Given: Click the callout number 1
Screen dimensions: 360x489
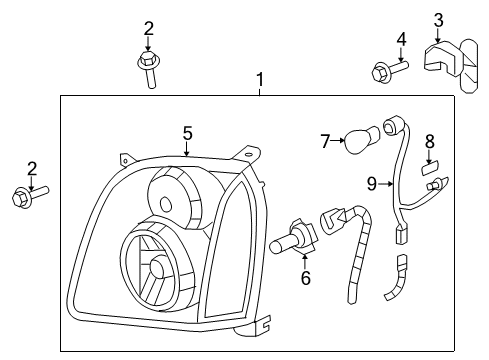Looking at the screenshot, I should click(260, 78).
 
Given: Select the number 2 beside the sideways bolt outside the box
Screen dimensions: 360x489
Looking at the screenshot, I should click(31, 168).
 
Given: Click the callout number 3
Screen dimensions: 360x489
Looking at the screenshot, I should click(438, 19).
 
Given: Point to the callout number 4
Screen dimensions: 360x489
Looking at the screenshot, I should click(401, 41).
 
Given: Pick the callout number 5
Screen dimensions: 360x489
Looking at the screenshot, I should click(187, 132).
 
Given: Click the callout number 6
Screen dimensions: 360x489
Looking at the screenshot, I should click(305, 278).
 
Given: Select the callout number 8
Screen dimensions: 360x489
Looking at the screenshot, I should click(431, 141).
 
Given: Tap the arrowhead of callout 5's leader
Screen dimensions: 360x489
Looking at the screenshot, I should click(187, 155).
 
